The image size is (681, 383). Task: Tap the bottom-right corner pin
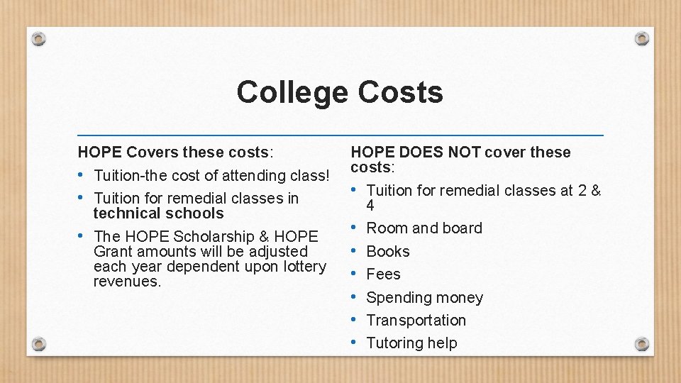pos(641,344)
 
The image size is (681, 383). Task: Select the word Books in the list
pos(388,252)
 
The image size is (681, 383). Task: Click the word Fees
pos(383,274)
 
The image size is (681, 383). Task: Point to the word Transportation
pos(416,321)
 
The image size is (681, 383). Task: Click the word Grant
pos(113,252)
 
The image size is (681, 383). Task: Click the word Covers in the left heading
pos(152,152)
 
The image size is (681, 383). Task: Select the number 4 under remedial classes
pos(370,206)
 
